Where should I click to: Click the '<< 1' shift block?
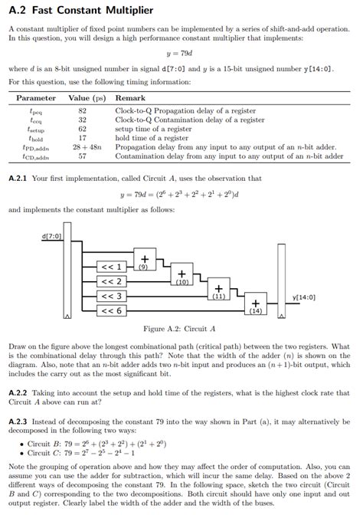point(112,267)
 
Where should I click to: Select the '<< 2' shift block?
point(112,281)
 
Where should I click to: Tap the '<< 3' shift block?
point(112,296)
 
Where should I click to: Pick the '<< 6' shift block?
point(112,310)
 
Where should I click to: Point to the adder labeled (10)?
point(181,275)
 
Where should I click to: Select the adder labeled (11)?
point(218,290)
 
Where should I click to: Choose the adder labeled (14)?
point(255,304)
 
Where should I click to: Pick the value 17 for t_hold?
point(83,138)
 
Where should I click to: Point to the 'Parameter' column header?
point(36,98)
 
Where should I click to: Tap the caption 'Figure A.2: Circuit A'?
point(180,330)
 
